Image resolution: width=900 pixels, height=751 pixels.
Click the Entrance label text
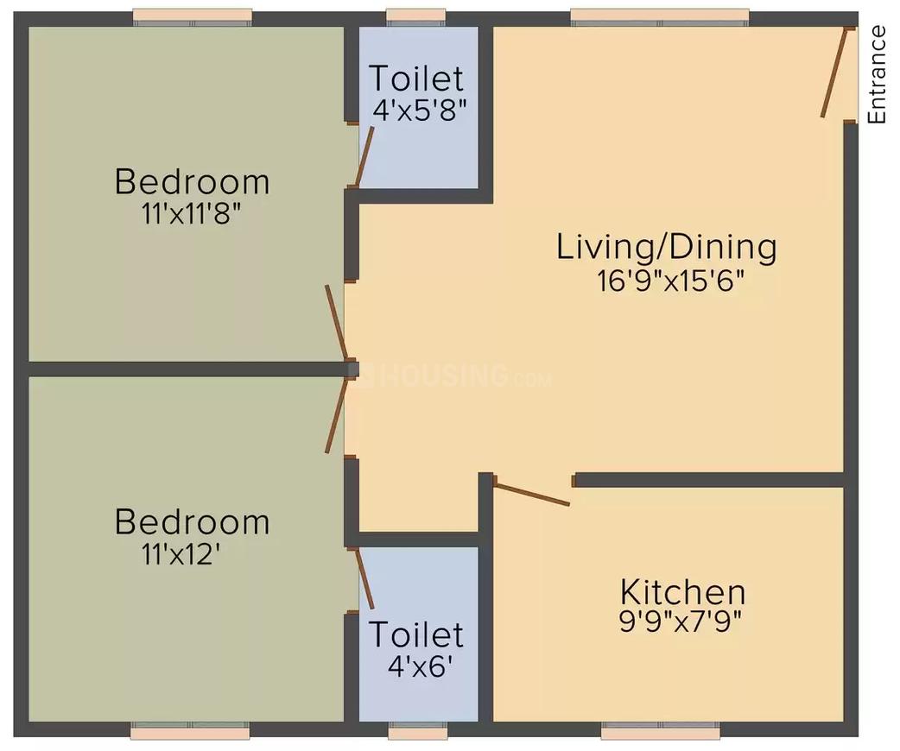click(x=877, y=75)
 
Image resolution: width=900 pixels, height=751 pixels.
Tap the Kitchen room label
click(x=682, y=593)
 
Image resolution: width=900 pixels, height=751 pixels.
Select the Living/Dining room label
click(x=666, y=247)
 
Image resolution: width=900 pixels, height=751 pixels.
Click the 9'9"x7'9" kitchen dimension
click(x=682, y=622)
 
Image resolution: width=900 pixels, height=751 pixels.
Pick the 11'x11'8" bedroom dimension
click(x=191, y=214)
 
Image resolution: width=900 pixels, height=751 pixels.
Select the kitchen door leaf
click(x=531, y=493)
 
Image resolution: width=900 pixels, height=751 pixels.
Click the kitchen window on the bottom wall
click(x=661, y=732)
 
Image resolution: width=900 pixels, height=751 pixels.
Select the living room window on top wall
click(x=660, y=16)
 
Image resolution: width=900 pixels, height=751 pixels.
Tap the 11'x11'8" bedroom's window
click(x=193, y=16)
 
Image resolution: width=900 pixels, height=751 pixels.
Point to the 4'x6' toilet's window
click(x=418, y=732)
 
